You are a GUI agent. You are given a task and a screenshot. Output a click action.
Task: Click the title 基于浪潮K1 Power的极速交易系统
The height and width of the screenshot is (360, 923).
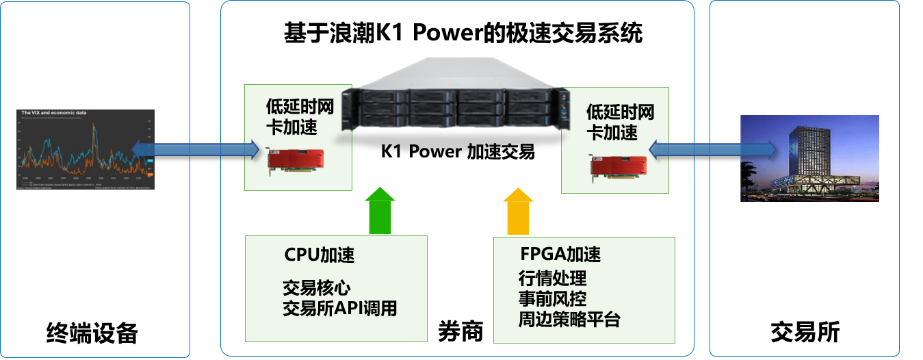pos(463,34)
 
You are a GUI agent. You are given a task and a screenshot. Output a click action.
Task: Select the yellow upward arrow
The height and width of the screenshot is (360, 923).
pos(518,211)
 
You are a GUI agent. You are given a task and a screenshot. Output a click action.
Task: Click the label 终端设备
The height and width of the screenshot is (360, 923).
pos(92,333)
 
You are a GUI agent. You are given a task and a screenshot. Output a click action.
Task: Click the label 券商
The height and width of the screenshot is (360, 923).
pos(460,331)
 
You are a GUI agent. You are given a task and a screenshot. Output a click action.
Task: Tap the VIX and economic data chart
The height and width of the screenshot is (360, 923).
pos(86,149)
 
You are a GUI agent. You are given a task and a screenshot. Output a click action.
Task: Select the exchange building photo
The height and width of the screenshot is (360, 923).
pos(809,159)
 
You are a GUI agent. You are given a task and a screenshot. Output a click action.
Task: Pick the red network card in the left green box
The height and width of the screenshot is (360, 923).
pos(292,162)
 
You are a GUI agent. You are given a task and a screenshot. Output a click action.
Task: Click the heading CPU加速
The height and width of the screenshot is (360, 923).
pos(320,255)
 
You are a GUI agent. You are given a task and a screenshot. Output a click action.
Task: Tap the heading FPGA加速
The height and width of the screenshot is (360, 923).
pos(560,255)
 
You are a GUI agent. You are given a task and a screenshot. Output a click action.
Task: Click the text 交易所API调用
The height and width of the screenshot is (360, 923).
pos(339,308)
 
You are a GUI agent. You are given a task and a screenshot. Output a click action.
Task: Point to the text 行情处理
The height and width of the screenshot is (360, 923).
pos(552,279)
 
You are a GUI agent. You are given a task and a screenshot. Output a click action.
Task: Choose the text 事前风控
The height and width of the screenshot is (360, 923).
pos(552,299)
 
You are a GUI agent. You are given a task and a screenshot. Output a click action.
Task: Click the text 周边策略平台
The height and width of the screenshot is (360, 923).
pos(569,319)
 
